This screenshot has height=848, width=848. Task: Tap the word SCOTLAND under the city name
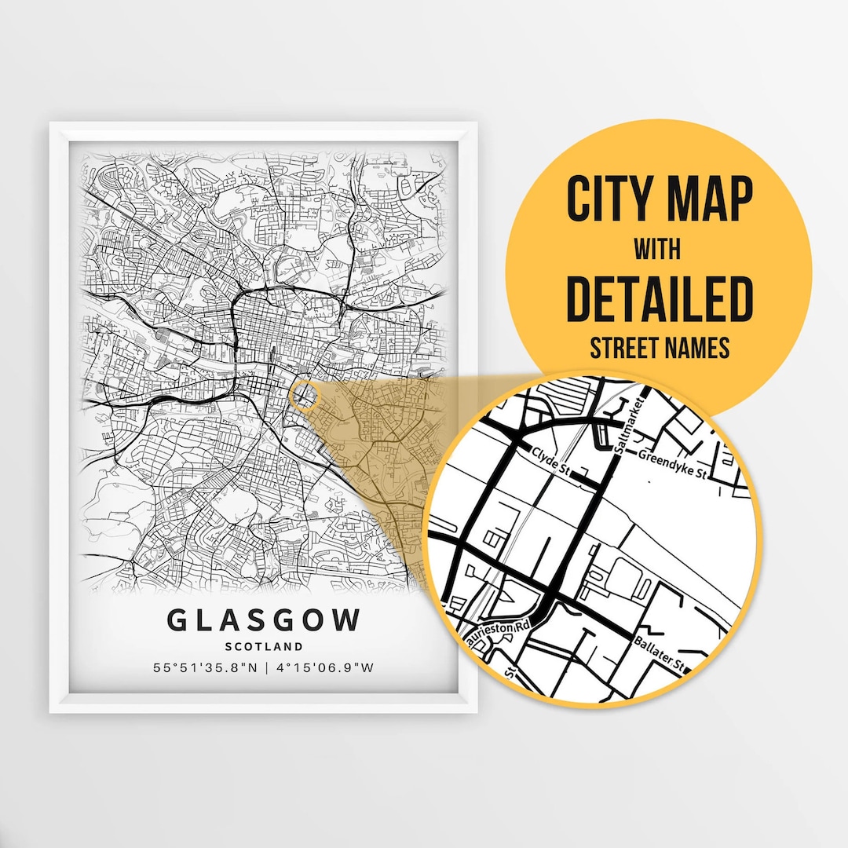[x=263, y=646]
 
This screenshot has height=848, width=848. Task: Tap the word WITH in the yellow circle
[x=658, y=250]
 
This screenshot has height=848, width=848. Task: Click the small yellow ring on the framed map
[x=304, y=396]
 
